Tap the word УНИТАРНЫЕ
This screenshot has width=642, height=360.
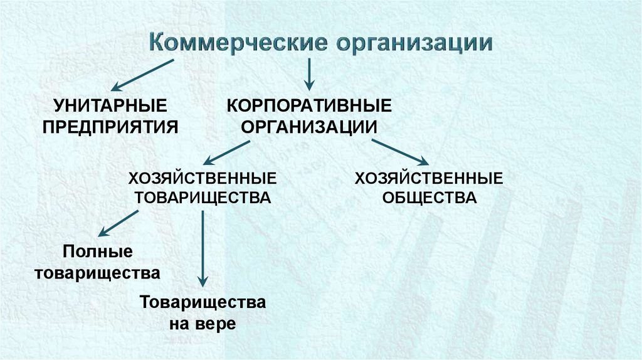(110, 104)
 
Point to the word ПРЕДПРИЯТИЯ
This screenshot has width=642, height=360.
(110, 125)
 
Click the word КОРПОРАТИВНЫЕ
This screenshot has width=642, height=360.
(308, 104)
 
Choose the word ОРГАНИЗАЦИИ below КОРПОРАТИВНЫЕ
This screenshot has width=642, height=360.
(308, 125)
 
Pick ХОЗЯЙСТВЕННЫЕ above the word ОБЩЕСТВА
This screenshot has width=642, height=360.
(429, 178)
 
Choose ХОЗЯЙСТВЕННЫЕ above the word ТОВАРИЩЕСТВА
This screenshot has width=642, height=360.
(203, 178)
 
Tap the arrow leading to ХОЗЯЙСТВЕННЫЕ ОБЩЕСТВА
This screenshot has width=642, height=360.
(400, 152)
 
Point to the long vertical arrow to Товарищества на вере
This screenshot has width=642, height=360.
(203, 248)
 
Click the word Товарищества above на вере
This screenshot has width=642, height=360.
(203, 302)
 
